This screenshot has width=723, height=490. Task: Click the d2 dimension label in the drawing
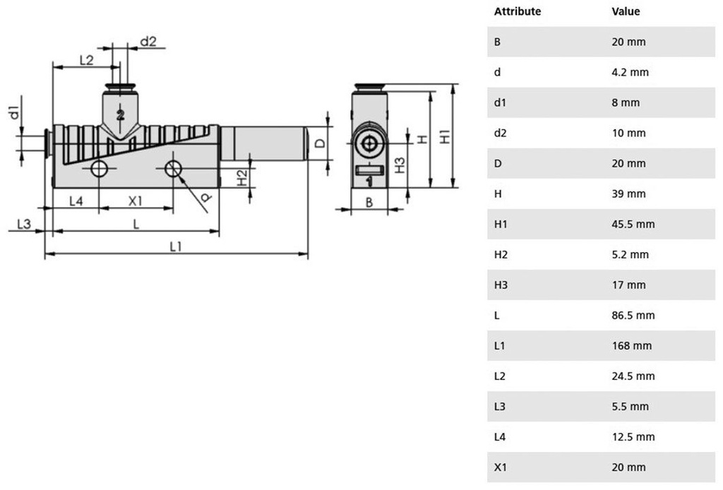148,42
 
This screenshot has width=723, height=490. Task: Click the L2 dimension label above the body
86,60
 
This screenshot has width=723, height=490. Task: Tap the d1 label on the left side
14,112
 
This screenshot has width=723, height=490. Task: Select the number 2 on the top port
120,114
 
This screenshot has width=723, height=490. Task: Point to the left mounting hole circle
99,169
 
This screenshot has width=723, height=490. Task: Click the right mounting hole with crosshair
173,169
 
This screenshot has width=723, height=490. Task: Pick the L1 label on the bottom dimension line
176,246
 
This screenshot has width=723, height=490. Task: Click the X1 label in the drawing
135,201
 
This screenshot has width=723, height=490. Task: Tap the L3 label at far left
23,224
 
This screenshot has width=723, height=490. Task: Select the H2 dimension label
242,178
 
